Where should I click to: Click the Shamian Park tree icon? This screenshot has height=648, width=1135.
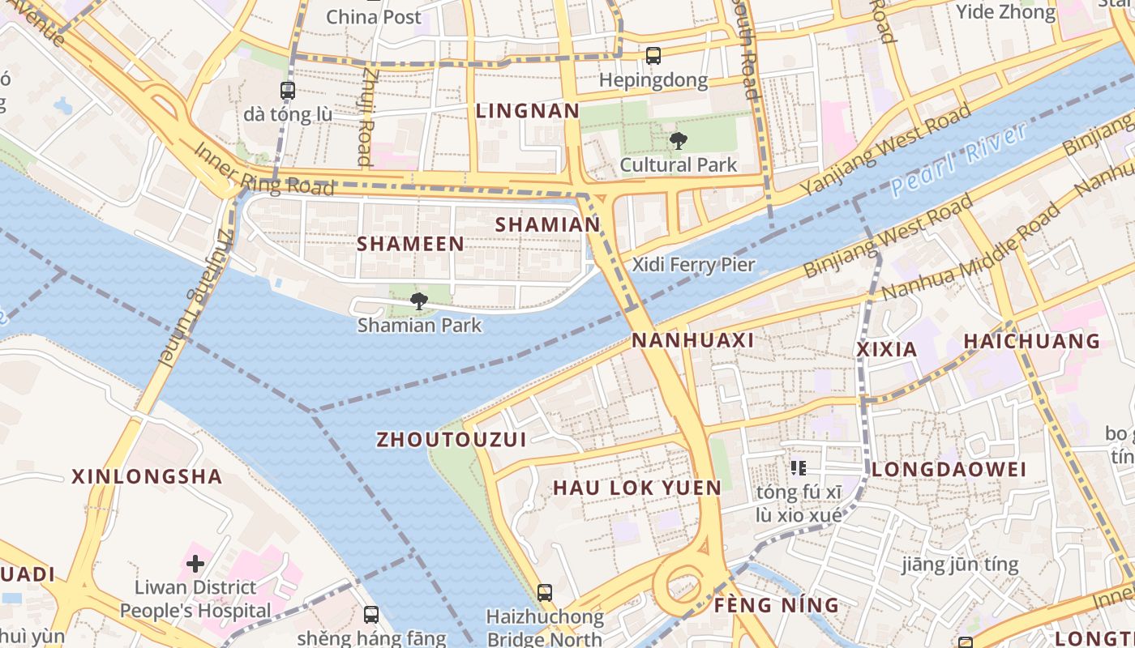pos(418,301)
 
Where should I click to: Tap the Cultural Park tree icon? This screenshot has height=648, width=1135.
pos(678,141)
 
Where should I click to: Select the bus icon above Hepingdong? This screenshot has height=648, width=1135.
pos(653,56)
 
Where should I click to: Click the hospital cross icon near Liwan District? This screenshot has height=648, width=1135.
pos(195,563)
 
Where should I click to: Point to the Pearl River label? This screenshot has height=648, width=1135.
pos(958,160)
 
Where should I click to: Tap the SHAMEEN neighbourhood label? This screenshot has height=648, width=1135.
pos(410,244)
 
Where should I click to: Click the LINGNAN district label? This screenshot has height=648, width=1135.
pos(528,111)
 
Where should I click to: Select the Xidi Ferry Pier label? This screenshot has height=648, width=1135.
pos(693,264)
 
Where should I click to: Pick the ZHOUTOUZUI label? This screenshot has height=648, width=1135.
pos(452,440)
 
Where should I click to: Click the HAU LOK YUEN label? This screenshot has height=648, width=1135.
pos(636,488)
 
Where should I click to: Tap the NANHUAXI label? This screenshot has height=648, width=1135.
pos(693,340)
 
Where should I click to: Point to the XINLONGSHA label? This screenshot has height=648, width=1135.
pos(147,476)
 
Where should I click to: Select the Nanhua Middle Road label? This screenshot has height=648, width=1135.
pos(971,251)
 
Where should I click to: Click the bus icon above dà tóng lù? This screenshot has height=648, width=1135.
pos(288,90)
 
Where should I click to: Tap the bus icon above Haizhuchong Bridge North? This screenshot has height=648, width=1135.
pos(545,593)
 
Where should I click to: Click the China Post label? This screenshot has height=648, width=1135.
pos(374,16)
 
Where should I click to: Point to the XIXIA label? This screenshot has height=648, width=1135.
pos(887,350)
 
